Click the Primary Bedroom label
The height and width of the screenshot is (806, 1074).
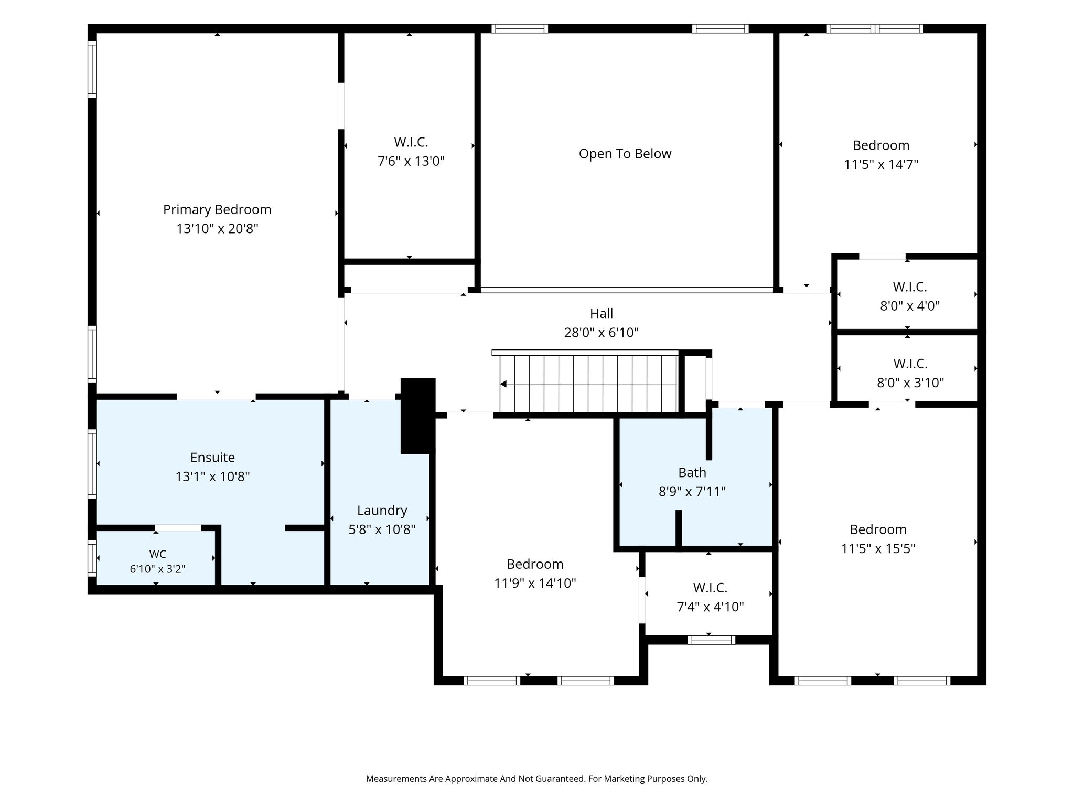tap(217, 209)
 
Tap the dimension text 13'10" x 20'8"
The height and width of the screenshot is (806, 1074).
tap(218, 229)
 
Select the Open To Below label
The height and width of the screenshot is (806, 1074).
tap(625, 154)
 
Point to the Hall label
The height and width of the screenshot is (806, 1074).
tap(602, 313)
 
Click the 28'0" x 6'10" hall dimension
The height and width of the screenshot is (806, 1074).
tap(602, 333)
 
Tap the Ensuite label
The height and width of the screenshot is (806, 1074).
tap(212, 458)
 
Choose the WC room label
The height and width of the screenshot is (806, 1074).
tap(158, 554)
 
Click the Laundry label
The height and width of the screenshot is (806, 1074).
tap(382, 511)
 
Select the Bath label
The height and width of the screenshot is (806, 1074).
tap(692, 473)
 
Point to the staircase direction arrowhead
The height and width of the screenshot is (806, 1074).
tap(503, 384)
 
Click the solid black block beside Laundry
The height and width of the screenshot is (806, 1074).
tap(418, 416)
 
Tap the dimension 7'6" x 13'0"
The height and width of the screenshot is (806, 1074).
tap(411, 161)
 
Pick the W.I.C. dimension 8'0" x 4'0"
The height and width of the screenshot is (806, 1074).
tap(910, 306)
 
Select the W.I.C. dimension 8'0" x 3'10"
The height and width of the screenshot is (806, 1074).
tap(910, 383)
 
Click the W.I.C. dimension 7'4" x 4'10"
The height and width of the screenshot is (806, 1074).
tap(711, 607)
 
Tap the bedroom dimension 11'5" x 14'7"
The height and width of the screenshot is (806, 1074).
tap(881, 165)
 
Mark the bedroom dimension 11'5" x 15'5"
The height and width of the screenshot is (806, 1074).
tap(878, 549)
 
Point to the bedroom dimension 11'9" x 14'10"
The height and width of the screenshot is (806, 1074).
tap(535, 584)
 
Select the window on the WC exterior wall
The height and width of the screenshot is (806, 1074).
tap(92, 558)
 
